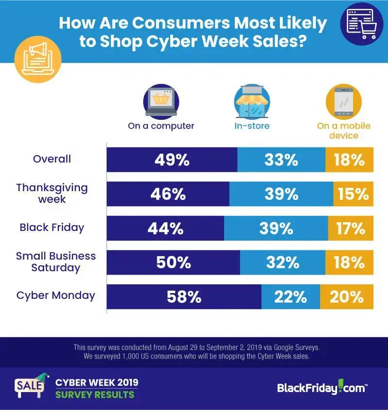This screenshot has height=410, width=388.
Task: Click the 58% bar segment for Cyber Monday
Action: tap(184, 296)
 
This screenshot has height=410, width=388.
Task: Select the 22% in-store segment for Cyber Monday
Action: tap(291, 296)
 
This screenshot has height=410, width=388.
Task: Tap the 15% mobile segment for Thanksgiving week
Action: tap(354, 194)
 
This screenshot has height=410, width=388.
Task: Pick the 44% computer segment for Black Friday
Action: tap(165, 228)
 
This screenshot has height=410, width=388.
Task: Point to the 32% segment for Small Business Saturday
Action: tap(282, 262)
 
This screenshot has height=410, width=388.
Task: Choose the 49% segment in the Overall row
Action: tap(172, 160)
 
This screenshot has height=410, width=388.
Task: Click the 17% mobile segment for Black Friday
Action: tap(351, 228)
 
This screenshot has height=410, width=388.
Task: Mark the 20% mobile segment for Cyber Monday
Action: tap(347, 296)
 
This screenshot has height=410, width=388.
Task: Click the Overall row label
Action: tap(52, 159)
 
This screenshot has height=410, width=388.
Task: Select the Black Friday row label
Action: tap(52, 228)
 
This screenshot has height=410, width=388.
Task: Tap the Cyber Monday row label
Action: tap(56, 295)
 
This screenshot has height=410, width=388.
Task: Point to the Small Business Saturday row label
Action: tap(56, 262)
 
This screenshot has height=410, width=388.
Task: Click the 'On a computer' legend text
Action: tap(161, 126)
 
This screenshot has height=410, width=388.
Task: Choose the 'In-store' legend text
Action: tap(252, 126)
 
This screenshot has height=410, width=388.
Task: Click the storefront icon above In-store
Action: tap(252, 102)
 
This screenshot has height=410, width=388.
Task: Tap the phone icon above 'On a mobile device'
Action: tap(343, 102)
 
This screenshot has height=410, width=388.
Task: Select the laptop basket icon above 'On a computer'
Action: tap(161, 102)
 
